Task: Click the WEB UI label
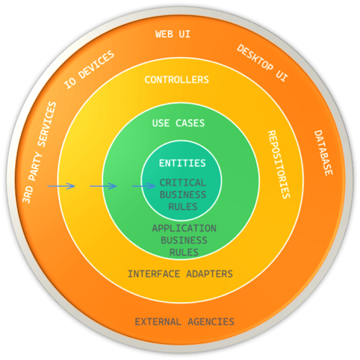(173, 34)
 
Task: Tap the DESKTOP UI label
(262, 62)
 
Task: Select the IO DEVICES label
(89, 70)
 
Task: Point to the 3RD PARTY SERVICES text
(39, 152)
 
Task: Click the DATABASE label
(323, 153)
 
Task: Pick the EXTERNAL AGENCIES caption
(184, 322)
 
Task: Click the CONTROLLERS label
(177, 80)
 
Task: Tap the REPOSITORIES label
(279, 164)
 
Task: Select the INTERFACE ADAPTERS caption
(180, 274)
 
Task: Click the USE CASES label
(178, 123)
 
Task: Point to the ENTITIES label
(182, 163)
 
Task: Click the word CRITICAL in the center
(183, 183)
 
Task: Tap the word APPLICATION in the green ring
(184, 228)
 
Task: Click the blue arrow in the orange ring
(61, 186)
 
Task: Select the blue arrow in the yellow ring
(103, 186)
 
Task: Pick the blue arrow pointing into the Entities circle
(144, 186)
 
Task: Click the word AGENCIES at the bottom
(211, 322)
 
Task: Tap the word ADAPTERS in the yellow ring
(210, 274)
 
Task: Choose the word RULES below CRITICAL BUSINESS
(183, 207)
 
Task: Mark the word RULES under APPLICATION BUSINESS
(184, 252)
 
